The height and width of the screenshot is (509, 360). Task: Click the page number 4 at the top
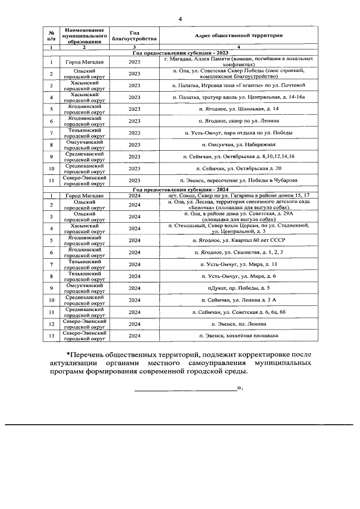coord(180,19)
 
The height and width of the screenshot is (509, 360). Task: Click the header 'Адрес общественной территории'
coord(238,35)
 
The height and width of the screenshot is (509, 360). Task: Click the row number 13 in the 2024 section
coord(51,336)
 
